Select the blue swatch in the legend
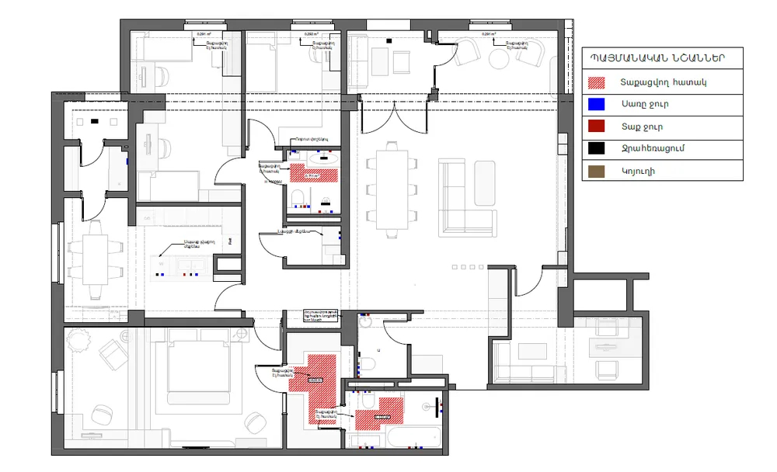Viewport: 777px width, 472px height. pyautogui.click(x=596, y=103)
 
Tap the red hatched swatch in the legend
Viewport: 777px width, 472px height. pyautogui.click(x=596, y=81)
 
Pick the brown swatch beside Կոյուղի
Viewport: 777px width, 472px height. pyautogui.click(x=596, y=171)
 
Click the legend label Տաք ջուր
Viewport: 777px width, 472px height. pyautogui.click(x=642, y=126)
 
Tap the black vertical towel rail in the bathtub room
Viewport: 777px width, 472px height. pyautogui.click(x=441, y=404)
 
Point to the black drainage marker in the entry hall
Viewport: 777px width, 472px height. pyautogui.click(x=95, y=121)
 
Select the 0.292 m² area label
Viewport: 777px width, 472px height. pyautogui.click(x=312, y=34)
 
